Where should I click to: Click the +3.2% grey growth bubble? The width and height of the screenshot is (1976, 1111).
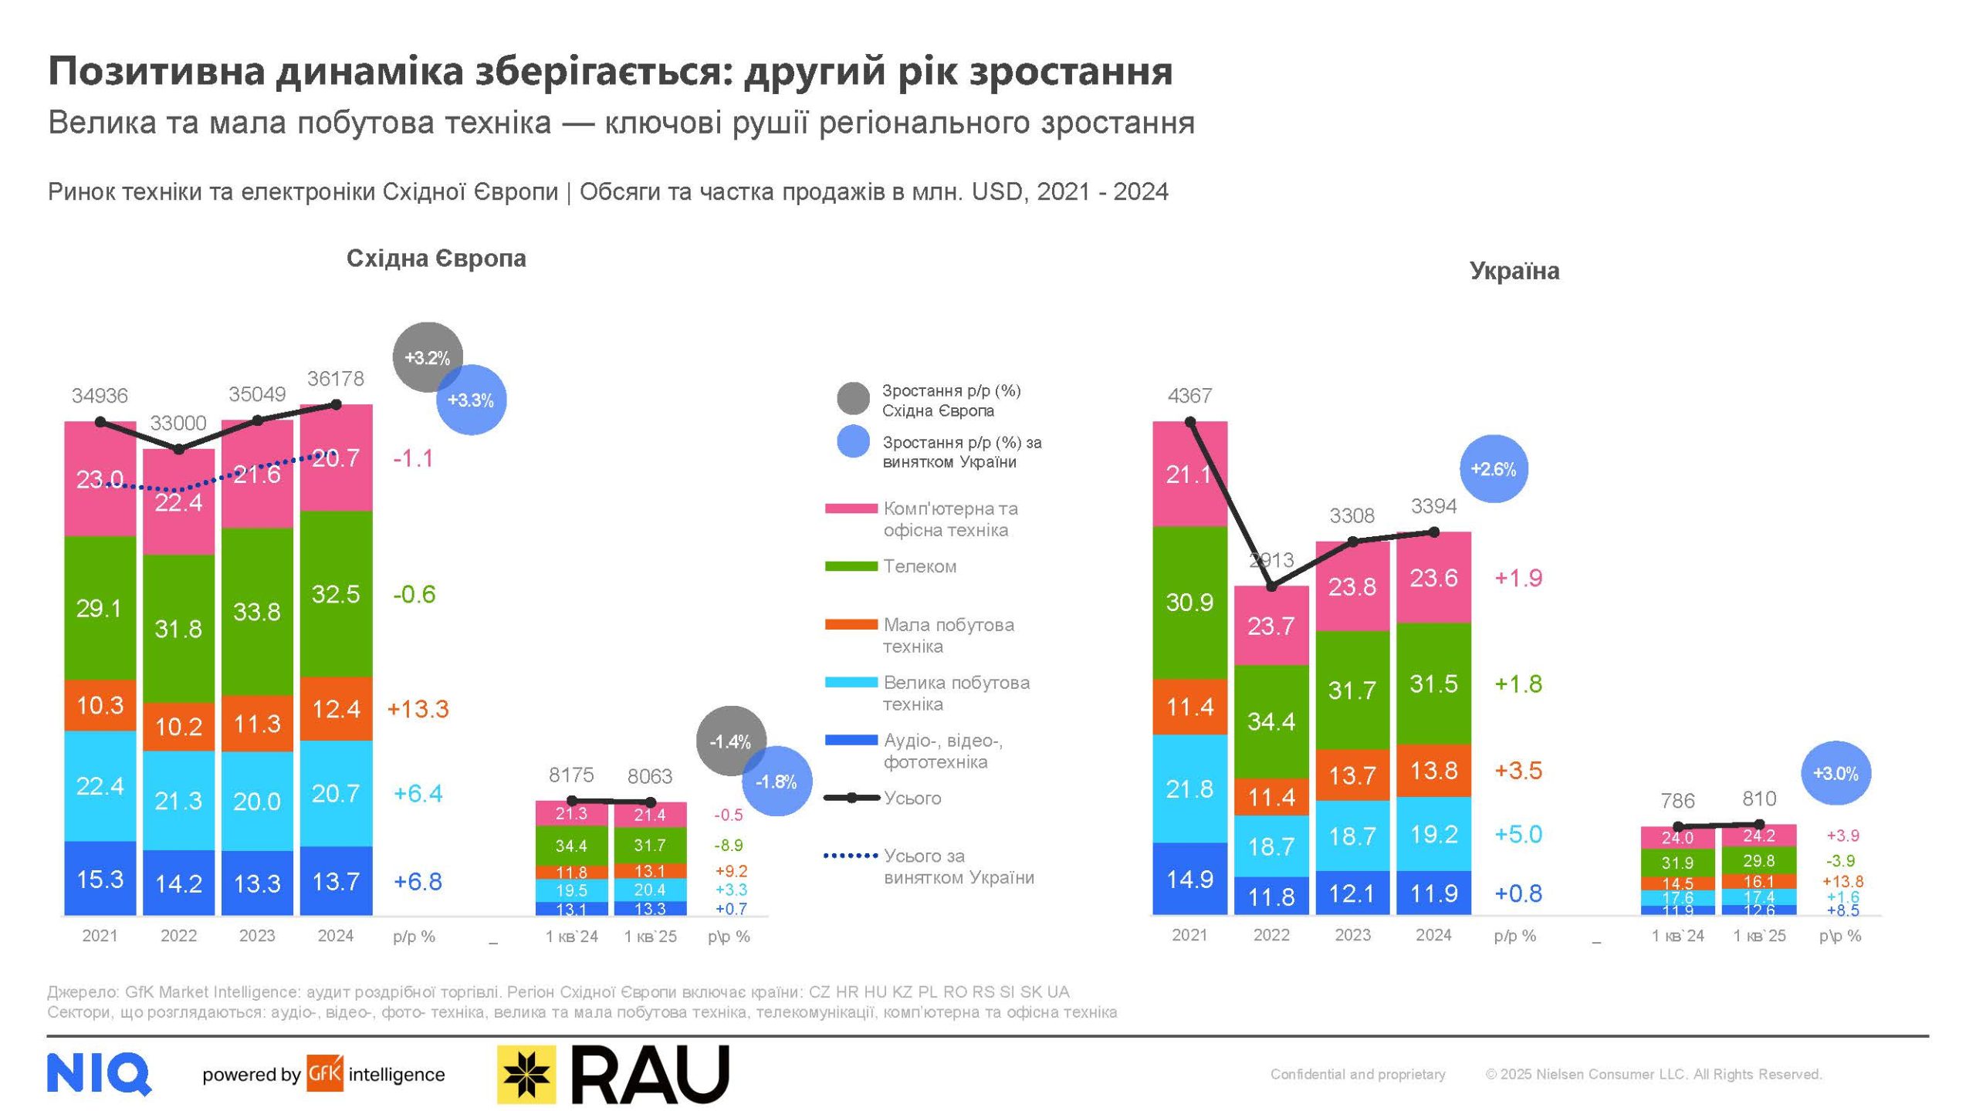[428, 357]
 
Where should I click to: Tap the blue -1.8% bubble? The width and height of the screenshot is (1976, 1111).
[777, 782]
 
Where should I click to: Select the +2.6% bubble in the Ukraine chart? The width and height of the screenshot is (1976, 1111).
[1494, 469]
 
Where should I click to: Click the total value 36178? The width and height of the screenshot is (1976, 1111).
[335, 379]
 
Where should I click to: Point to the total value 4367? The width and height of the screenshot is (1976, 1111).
[1189, 396]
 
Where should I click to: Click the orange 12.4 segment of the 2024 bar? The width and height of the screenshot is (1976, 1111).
[336, 708]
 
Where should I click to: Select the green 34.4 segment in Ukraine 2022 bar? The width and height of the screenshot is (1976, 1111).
[1271, 721]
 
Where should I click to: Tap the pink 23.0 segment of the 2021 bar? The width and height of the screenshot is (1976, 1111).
[100, 479]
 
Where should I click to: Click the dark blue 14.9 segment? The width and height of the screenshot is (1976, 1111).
[1189, 879]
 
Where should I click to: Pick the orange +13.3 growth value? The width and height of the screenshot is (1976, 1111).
[418, 709]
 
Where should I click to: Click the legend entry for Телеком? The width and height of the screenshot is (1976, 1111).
[919, 566]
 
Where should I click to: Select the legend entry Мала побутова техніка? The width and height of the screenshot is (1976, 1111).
[948, 635]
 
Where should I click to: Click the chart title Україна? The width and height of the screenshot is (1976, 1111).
[1514, 271]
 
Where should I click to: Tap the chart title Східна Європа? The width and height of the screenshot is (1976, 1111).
[436, 258]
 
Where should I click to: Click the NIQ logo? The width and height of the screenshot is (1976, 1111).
[99, 1073]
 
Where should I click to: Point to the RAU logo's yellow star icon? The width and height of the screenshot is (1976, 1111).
[526, 1074]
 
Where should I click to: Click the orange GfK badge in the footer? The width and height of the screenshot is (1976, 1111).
[324, 1074]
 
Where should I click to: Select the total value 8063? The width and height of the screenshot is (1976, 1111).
[650, 776]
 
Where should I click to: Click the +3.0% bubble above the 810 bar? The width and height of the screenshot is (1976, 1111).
[1836, 773]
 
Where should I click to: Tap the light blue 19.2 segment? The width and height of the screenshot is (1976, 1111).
[1433, 834]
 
